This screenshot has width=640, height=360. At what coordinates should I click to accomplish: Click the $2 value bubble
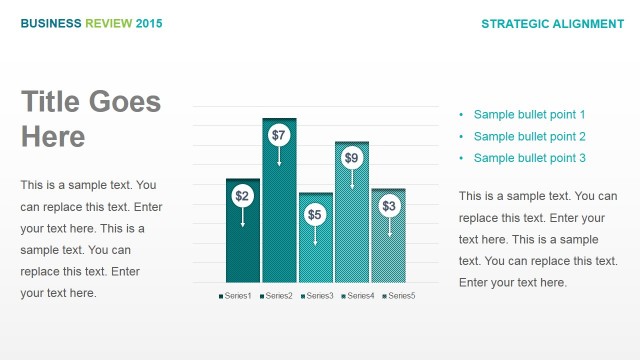[x=242, y=196]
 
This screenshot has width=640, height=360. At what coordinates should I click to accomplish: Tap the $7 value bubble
[x=279, y=135]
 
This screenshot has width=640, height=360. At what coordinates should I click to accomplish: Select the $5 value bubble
[x=315, y=214]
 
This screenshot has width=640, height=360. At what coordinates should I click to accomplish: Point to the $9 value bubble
[x=352, y=157]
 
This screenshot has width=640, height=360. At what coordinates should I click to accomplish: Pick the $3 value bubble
[x=389, y=206]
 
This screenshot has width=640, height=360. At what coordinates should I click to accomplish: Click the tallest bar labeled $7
[x=279, y=220]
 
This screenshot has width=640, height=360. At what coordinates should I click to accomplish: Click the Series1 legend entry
[x=235, y=296]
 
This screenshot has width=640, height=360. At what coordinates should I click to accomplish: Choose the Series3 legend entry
[x=317, y=296]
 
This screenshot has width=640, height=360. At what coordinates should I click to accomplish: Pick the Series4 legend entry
[x=358, y=296]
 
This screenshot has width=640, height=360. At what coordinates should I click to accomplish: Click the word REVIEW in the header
[x=108, y=23]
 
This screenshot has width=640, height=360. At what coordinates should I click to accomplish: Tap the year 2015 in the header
[x=148, y=23]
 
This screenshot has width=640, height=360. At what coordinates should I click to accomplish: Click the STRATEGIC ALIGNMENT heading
[x=552, y=23]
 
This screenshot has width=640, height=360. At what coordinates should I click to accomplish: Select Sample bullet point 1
[x=529, y=115]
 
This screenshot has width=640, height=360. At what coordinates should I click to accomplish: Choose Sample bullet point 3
[x=529, y=159]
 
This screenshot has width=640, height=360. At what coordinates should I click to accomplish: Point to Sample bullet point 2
[x=529, y=137]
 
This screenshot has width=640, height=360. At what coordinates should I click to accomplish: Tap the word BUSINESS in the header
[x=51, y=23]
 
